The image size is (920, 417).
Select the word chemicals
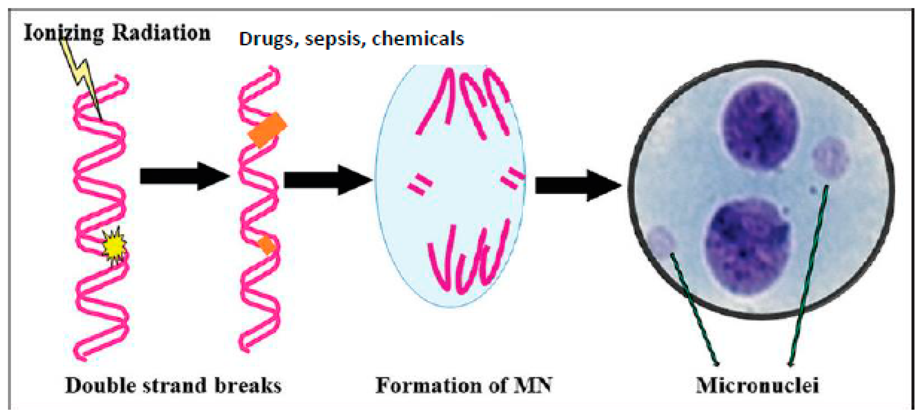click(418, 38)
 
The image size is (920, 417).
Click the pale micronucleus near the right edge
click(830, 159)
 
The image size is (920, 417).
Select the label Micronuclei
click(757, 386)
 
